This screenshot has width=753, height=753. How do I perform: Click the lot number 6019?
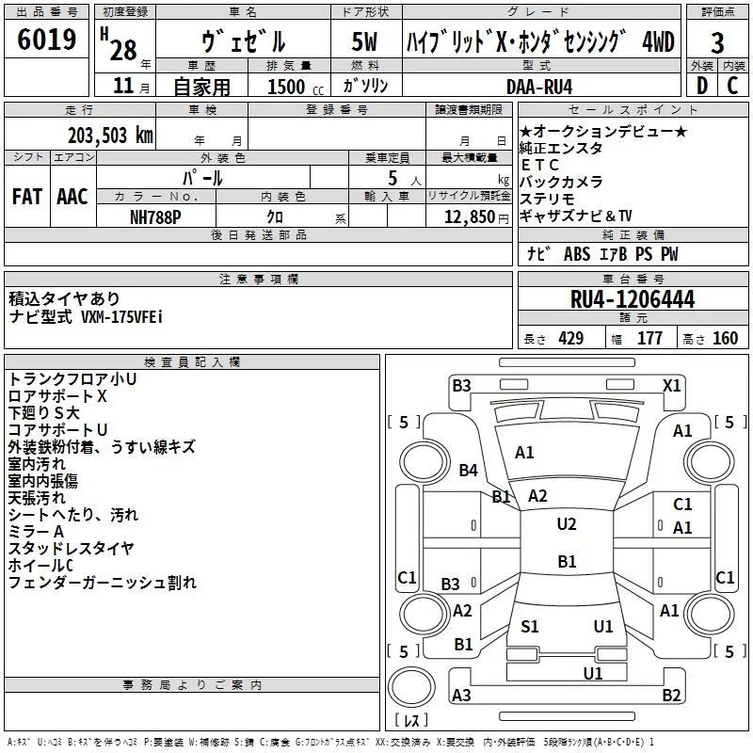pyautogui.click(x=46, y=40)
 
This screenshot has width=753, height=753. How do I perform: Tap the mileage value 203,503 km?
pyautogui.click(x=110, y=136)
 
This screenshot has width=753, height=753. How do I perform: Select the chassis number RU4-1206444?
pyautogui.click(x=633, y=299)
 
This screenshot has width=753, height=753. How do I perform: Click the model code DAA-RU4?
pyautogui.click(x=539, y=87)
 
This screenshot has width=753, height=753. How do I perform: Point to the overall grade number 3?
pyautogui.click(x=717, y=43)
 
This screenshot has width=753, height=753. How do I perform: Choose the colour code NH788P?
pyautogui.click(x=155, y=217)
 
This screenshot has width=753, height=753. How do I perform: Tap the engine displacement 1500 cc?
pyautogui.click(x=296, y=87)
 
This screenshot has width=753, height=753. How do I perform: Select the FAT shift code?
pyautogui.click(x=27, y=197)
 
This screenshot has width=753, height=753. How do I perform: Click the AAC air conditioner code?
pyautogui.click(x=72, y=197)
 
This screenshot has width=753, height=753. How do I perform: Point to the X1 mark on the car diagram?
pyautogui.click(x=672, y=386)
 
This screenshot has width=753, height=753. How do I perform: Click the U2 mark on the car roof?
pyautogui.click(x=567, y=524)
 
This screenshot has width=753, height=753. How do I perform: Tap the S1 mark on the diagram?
pyautogui.click(x=530, y=627)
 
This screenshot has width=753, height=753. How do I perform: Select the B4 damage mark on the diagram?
pyautogui.click(x=468, y=470)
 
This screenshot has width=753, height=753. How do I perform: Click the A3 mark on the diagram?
pyautogui.click(x=461, y=695)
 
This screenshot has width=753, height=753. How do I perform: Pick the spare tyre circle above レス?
pyautogui.click(x=411, y=687)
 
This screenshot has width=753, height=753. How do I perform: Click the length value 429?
pyautogui.click(x=571, y=339)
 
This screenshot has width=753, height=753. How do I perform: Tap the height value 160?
pyautogui.click(x=725, y=339)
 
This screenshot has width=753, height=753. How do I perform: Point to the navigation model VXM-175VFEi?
pyautogui.click(x=122, y=317)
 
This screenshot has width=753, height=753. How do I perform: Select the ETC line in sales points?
pyautogui.click(x=539, y=165)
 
